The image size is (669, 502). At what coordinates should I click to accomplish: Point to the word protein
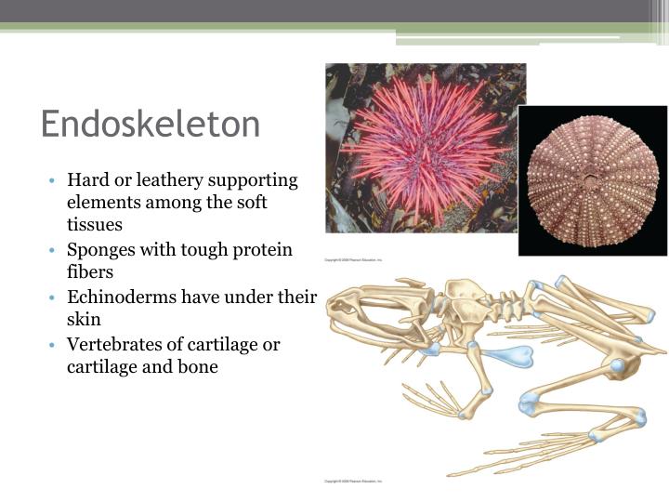[257, 249]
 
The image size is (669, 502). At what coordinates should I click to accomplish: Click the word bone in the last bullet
[198, 366]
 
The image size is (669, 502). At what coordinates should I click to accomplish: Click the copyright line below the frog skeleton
[353, 482]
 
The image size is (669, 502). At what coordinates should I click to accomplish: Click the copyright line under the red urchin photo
[353, 260]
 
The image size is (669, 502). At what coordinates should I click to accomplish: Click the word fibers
[90, 272]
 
